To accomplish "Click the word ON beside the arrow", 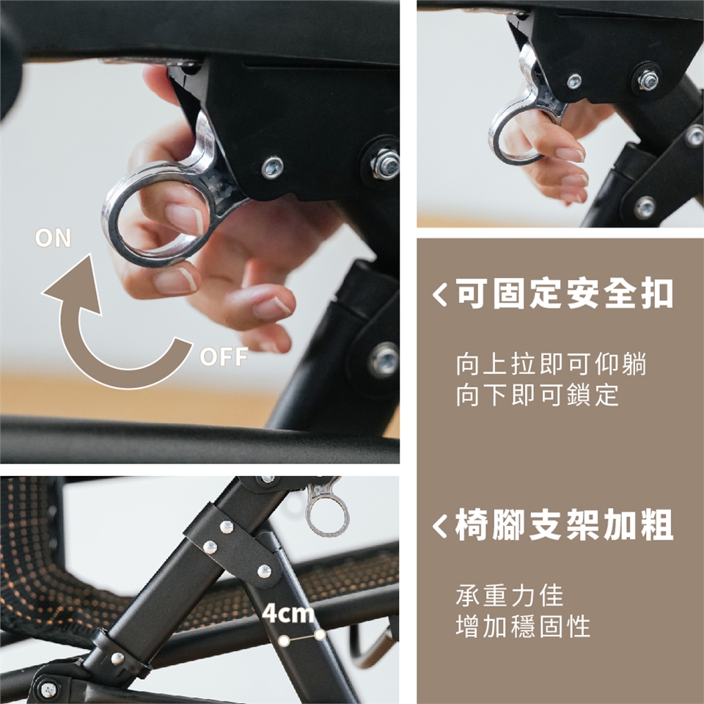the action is pos(53,238).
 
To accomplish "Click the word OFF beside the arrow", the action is pos(224,356).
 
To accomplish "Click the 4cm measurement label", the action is pos(288,613).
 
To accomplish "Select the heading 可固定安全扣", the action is pos(565,293).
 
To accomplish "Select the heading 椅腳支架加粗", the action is pos(565,525).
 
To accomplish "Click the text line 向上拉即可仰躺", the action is pos(551,364).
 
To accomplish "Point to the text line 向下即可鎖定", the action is pos(538,395).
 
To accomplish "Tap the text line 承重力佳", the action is pos(509,595).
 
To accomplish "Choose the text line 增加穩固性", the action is pos(523,626).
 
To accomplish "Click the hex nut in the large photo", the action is pos(384,164).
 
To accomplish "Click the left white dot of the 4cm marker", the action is pos(283,641).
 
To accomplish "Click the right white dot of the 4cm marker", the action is pos(320,635).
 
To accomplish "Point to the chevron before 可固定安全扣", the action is pos(439,294).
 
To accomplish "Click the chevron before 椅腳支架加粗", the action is pos(439,526).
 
